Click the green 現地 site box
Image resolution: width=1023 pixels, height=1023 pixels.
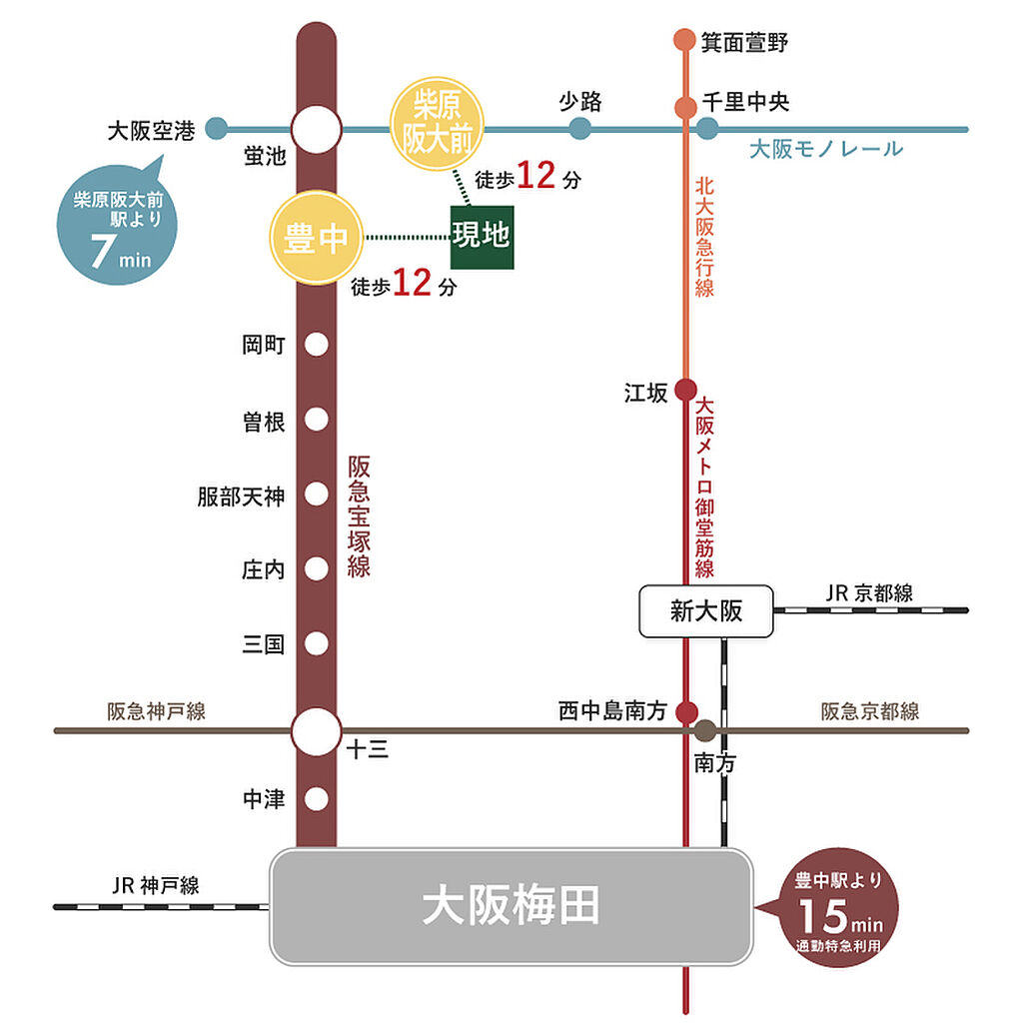pyautogui.click(x=482, y=237)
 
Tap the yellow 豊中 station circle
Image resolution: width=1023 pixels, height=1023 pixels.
pyautogui.click(x=315, y=238)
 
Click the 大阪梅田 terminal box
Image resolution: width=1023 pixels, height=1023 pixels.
pyautogui.click(x=511, y=906)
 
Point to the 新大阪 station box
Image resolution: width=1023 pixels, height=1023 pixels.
pyautogui.click(x=706, y=610)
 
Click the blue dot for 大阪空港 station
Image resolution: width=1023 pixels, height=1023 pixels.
pyautogui.click(x=216, y=129)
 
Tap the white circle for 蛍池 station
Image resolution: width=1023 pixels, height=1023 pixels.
pyautogui.click(x=317, y=130)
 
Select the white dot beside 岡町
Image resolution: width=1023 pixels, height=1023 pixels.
pyautogui.click(x=317, y=345)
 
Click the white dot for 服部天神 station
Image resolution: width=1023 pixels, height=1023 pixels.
pyautogui.click(x=317, y=495)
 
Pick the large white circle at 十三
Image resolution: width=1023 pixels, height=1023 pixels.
pyautogui.click(x=317, y=731)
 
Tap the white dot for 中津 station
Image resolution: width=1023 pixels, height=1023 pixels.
pyautogui.click(x=317, y=799)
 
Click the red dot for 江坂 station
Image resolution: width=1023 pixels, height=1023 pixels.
pyautogui.click(x=685, y=391)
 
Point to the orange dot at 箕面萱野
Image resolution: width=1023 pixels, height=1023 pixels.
pyautogui.click(x=684, y=40)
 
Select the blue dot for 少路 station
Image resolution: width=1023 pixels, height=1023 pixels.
pyautogui.click(x=579, y=129)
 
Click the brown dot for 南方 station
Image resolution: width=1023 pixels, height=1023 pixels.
pyautogui.click(x=705, y=730)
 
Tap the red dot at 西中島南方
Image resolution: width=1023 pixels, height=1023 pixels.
pyautogui.click(x=686, y=711)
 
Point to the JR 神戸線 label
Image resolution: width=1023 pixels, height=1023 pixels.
pyautogui.click(x=156, y=885)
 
